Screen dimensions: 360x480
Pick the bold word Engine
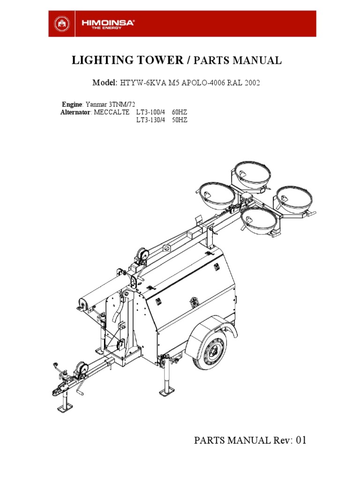72,104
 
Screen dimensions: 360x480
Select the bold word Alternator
75,112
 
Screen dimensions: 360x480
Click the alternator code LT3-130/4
150,120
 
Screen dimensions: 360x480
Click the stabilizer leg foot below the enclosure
165,392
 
